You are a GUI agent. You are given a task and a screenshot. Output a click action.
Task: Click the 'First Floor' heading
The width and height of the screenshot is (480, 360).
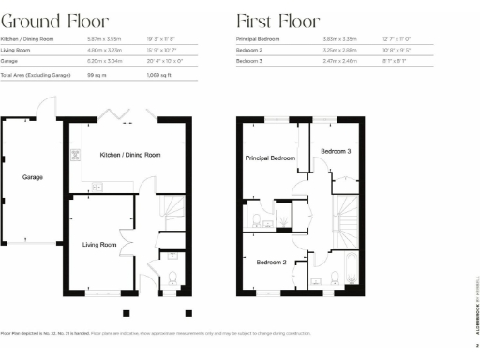pos(278,21)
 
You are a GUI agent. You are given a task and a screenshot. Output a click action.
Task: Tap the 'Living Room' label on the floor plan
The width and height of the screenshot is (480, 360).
pos(99,244)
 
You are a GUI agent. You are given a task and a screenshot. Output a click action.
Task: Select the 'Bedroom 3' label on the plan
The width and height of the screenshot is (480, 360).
pos(336,151)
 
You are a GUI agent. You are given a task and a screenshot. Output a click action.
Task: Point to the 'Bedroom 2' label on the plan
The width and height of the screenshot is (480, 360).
pos(271,262)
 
